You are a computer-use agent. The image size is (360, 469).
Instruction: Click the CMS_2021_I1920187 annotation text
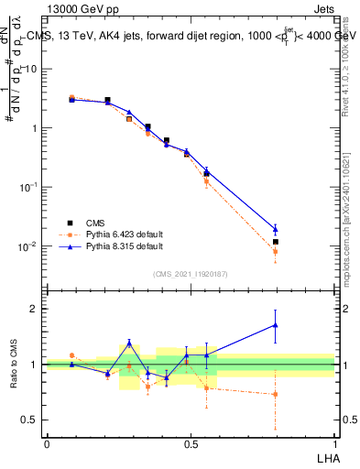tap(191, 273)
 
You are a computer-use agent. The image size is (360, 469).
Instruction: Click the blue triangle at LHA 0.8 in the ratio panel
tap(275, 324)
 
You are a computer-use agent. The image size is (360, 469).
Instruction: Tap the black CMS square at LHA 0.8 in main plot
tap(275, 242)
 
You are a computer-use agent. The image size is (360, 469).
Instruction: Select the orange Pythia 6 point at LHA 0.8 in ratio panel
tap(275, 395)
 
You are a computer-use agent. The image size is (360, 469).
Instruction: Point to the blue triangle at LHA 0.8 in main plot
tap(275, 230)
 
